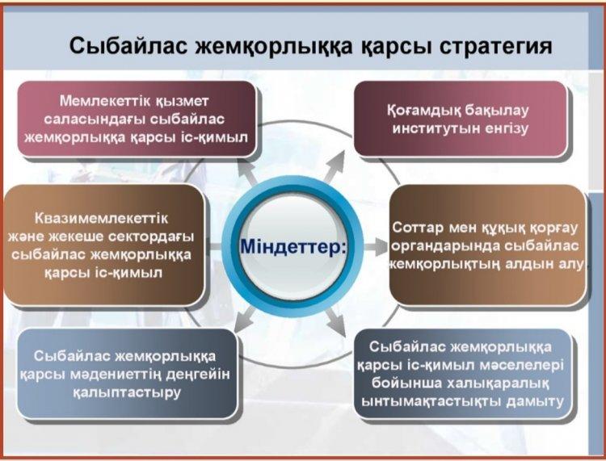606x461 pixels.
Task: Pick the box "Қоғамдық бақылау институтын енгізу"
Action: (x=461, y=119)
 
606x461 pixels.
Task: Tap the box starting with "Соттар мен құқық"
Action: (x=486, y=245)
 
